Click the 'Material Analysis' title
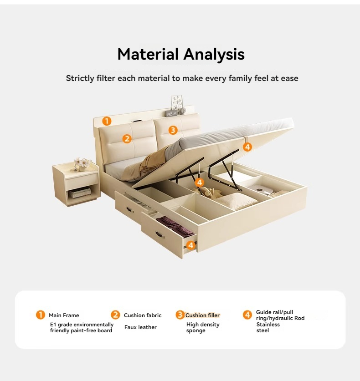181,54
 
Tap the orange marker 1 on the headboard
107,121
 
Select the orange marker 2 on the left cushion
127,139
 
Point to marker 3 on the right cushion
173,130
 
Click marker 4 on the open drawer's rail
191,245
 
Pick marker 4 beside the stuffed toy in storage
200,182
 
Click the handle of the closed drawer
130,209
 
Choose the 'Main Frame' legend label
64,315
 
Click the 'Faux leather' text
140,327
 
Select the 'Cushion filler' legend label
202,315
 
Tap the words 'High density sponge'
203,327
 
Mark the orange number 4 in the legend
247,315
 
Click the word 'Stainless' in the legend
268,325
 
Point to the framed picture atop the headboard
177,102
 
